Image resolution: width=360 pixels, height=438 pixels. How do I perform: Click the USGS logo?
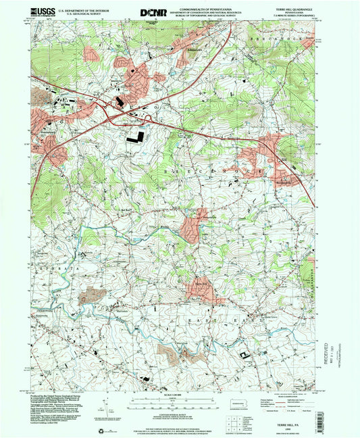(x=43, y=11)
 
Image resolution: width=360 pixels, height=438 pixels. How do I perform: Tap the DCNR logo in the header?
(x=152, y=12)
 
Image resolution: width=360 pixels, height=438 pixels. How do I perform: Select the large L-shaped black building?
(x=134, y=137)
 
